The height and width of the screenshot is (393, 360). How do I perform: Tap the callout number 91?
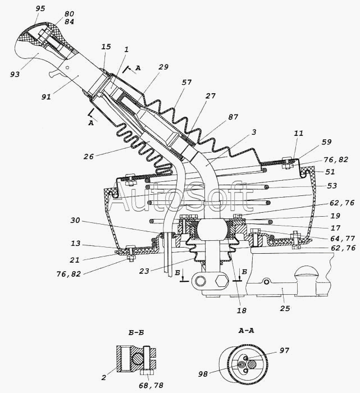coord(46,97)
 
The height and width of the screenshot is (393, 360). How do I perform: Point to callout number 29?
coord(163,67)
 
